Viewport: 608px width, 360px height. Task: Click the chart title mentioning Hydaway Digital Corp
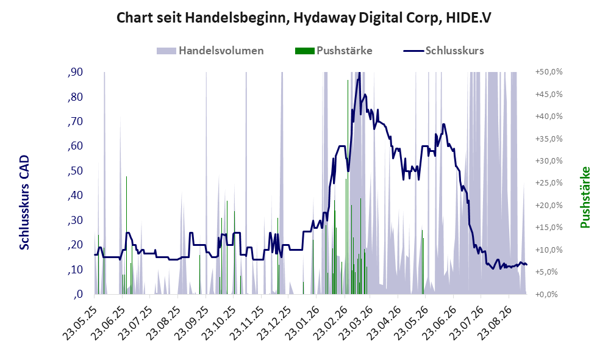pyautogui.click(x=304, y=18)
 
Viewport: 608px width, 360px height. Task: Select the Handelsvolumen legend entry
pyautogui.click(x=210, y=51)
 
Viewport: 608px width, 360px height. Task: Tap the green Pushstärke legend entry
pyautogui.click(x=334, y=51)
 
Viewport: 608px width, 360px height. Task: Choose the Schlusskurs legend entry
pyautogui.click(x=443, y=51)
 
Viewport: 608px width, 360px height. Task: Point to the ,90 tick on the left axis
pyautogui.click(x=75, y=72)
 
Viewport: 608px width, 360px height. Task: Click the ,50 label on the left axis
pyautogui.click(x=75, y=171)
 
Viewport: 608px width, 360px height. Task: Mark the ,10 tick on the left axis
pyautogui.click(x=75, y=270)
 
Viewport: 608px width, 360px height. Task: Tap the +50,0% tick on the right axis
pyautogui.click(x=549, y=72)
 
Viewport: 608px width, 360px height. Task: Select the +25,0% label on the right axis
pyautogui.click(x=549, y=183)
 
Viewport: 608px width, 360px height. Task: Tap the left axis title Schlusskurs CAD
pyautogui.click(x=24, y=202)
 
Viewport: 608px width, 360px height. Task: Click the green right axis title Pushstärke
pyautogui.click(x=585, y=197)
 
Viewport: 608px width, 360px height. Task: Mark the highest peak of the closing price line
pyautogui.click(x=359, y=73)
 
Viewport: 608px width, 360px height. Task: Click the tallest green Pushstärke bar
pyautogui.click(x=348, y=187)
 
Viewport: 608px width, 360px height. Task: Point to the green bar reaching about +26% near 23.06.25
pyautogui.click(x=126, y=236)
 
